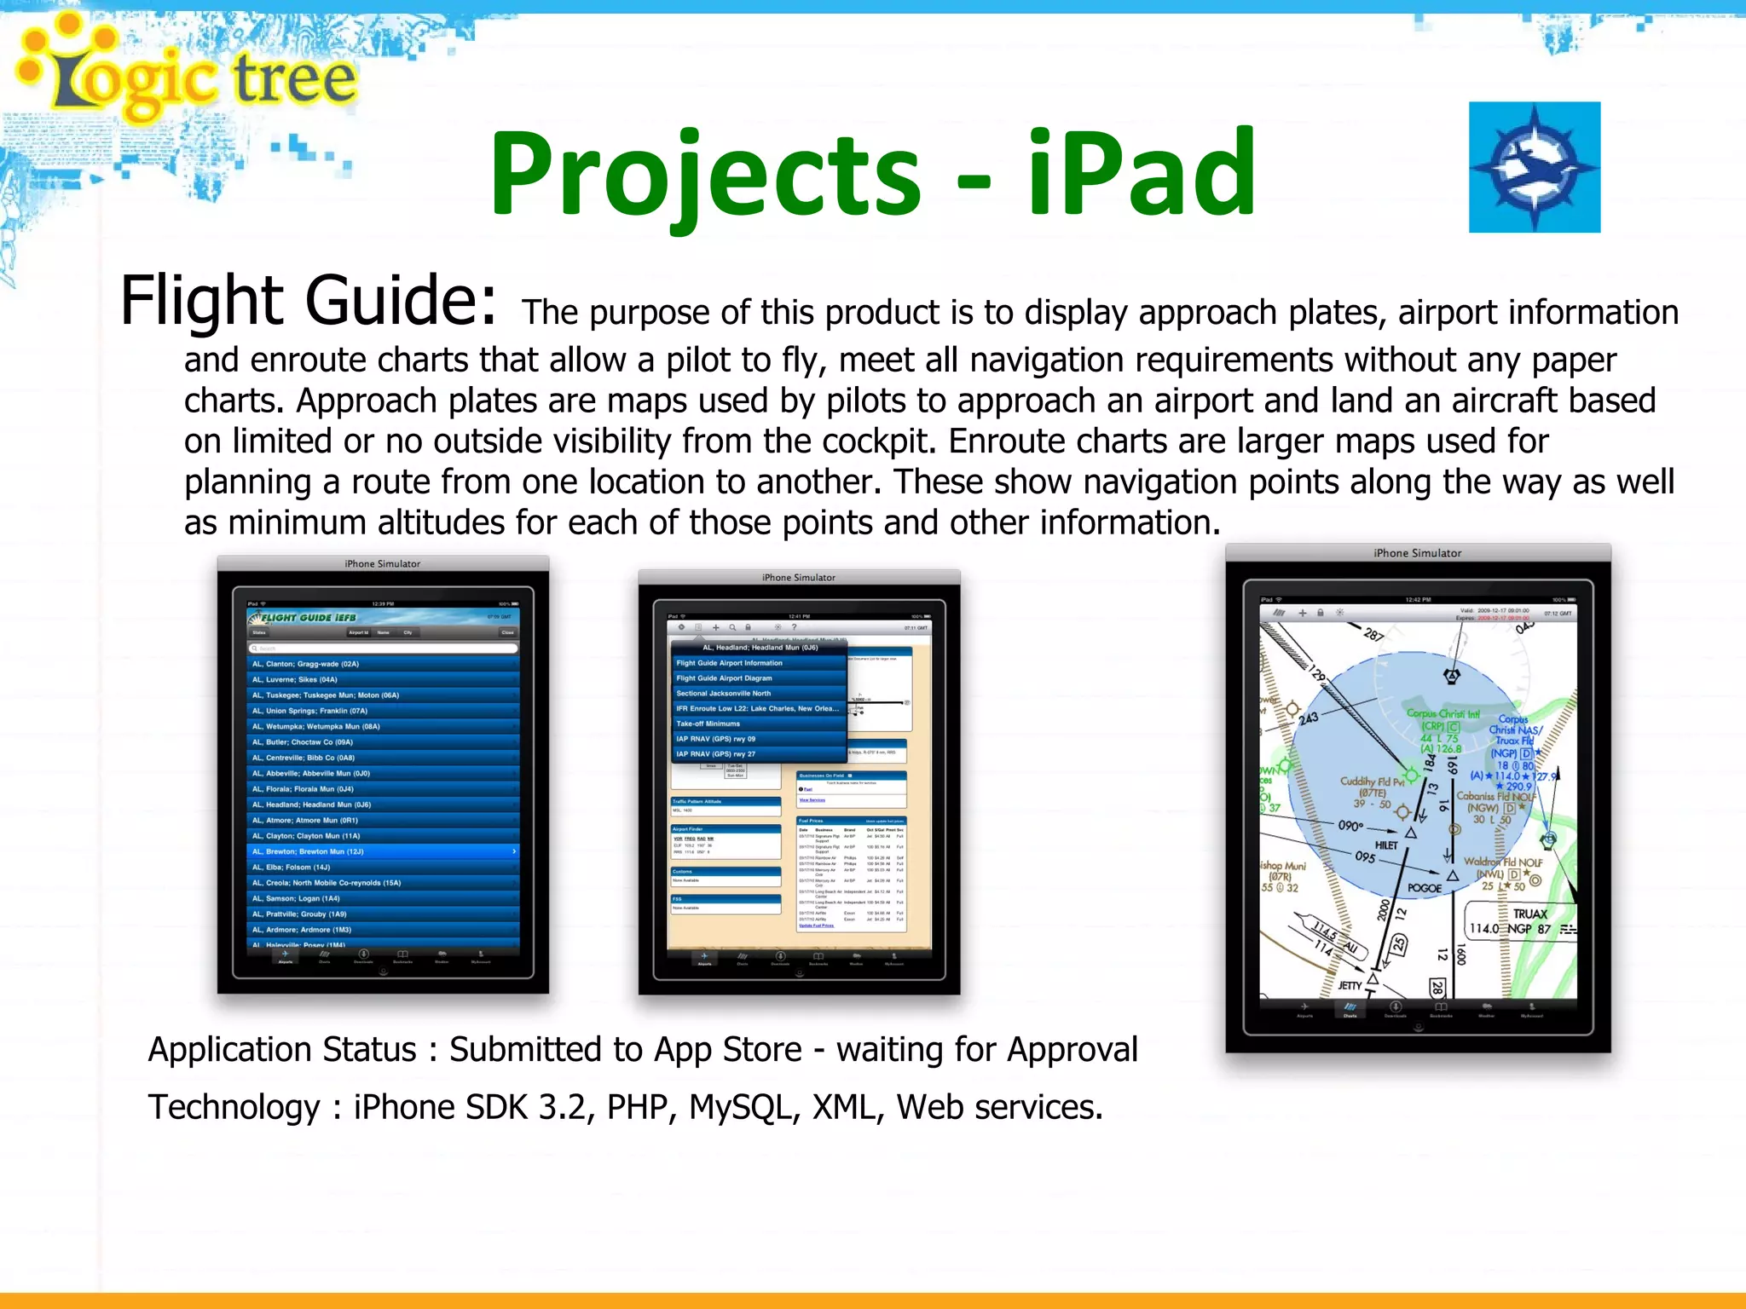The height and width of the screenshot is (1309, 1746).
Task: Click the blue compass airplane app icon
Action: click(x=1534, y=167)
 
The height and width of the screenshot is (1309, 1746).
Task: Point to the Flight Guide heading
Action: click(x=307, y=301)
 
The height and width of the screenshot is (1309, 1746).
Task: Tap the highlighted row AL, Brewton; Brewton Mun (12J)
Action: click(x=384, y=851)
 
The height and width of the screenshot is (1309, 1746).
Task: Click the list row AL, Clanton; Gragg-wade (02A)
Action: click(x=384, y=664)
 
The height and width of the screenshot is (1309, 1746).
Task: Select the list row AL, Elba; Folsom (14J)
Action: click(x=384, y=867)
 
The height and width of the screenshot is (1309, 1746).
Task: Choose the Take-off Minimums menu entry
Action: click(x=758, y=724)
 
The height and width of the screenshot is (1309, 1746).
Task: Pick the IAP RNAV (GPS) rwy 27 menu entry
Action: click(x=758, y=754)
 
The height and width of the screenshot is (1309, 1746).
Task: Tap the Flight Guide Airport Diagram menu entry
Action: click(x=758, y=678)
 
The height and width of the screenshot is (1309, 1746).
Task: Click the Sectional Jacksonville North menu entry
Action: click(x=758, y=694)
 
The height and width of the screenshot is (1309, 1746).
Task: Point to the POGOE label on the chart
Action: click(x=1425, y=888)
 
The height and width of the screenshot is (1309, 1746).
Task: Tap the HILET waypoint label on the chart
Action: click(x=1386, y=845)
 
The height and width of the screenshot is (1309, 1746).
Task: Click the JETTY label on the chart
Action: click(x=1350, y=986)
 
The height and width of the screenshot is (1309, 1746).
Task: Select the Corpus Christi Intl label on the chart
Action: click(x=1442, y=714)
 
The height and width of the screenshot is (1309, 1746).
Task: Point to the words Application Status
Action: click(x=282, y=1050)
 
